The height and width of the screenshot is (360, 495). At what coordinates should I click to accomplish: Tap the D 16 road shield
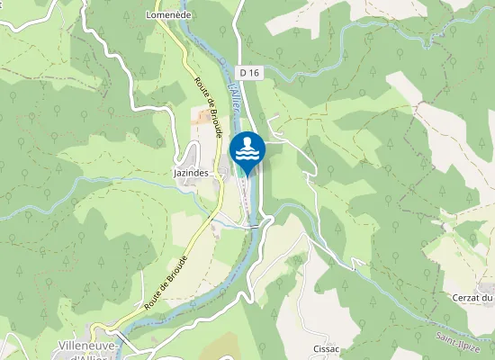tap(249, 71)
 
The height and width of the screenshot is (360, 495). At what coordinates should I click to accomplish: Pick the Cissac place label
tap(326, 348)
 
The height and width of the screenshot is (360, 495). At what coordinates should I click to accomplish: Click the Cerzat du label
tap(473, 298)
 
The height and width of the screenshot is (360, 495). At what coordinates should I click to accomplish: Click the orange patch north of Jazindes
tap(198, 115)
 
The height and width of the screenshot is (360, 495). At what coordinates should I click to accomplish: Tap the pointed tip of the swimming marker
tap(247, 175)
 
